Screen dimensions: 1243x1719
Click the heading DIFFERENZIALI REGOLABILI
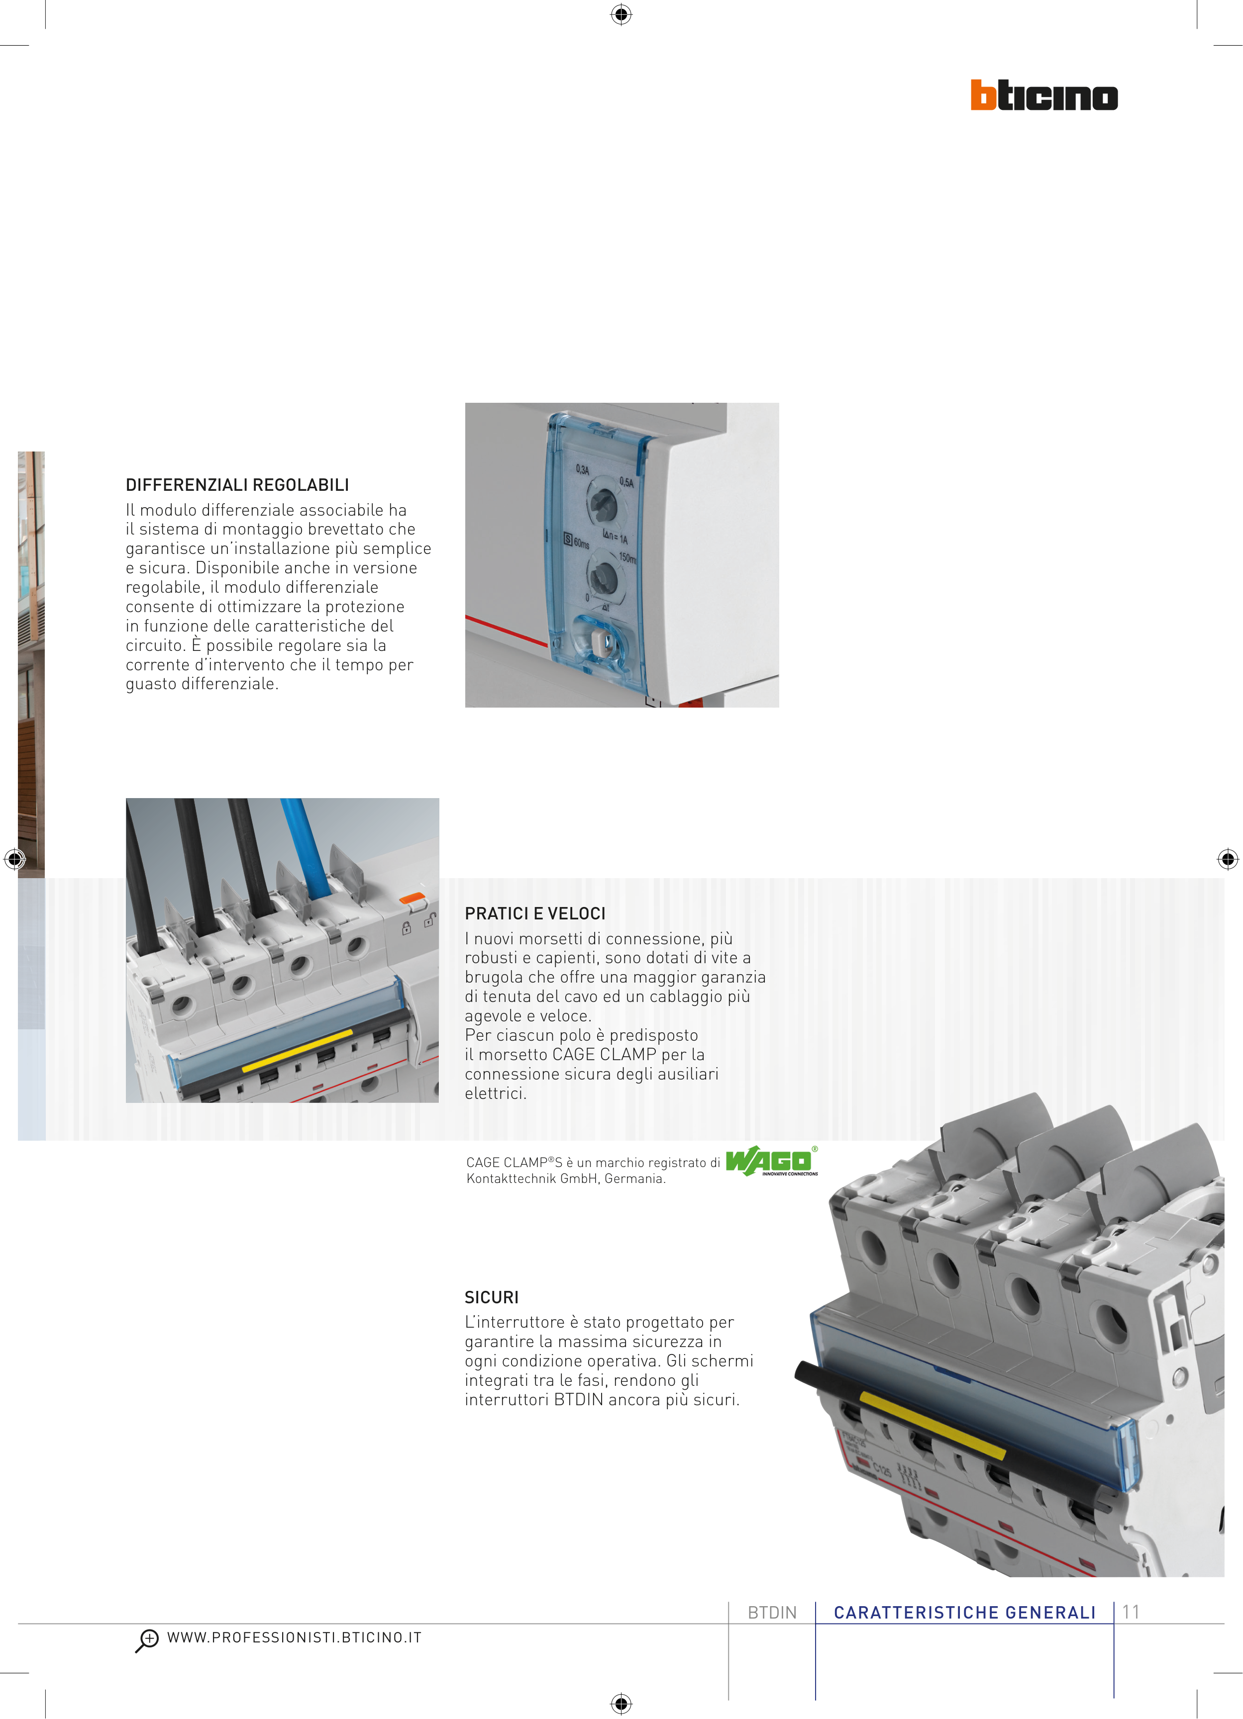point(237,485)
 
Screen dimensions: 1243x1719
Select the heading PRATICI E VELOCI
point(535,913)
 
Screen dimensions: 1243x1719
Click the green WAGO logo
point(771,1161)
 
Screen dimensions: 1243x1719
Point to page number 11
point(1131,1612)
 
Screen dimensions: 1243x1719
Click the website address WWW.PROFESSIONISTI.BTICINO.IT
point(294,1637)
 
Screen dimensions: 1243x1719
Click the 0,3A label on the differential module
point(583,470)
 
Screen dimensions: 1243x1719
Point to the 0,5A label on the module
point(626,482)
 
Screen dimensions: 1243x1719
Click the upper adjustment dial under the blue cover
point(604,501)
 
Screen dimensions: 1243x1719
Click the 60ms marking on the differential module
point(581,543)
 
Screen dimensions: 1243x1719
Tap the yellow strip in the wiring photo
point(297,1049)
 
